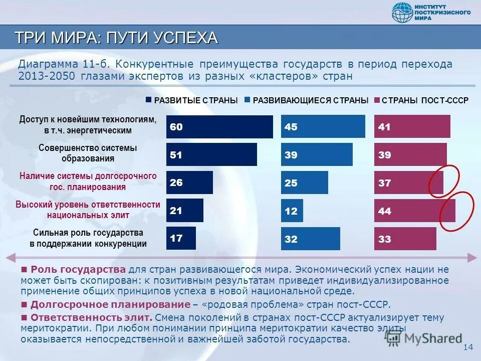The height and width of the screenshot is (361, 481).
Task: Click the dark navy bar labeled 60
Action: pos(219,127)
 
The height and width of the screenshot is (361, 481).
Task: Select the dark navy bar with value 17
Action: pos(181,238)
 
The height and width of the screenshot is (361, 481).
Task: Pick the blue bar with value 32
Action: pos(310,239)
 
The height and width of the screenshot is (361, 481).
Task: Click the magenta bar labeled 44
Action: pos(414,211)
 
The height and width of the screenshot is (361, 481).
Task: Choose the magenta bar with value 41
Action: pos(412,127)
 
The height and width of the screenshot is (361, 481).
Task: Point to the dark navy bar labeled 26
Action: pos(189,183)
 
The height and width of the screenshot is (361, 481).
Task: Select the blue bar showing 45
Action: pos(323,126)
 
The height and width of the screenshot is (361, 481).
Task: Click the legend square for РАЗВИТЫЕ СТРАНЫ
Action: pos(148,100)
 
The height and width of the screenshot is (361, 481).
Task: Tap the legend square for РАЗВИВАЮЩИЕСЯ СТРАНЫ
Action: pos(248,100)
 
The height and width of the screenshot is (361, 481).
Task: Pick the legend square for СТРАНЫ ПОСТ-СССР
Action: pos(377,100)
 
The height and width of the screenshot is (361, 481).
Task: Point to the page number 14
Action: pos(468,347)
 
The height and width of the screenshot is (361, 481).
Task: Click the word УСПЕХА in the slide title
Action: pos(185,38)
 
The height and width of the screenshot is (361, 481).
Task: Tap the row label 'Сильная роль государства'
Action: pos(88,233)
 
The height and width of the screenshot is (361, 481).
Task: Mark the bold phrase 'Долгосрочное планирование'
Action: pos(110,305)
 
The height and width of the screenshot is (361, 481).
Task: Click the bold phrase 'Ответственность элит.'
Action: pos(91,317)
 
